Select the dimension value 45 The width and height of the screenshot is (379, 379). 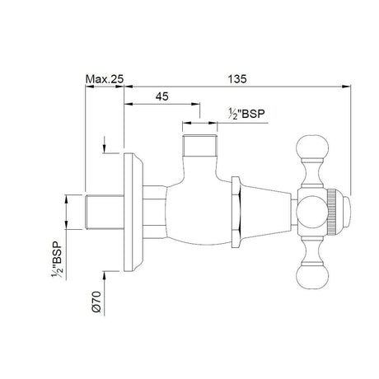click(x=161, y=96)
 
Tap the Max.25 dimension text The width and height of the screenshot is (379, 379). click(x=105, y=79)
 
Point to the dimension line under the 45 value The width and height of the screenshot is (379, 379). click(x=161, y=105)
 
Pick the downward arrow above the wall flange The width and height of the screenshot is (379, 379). click(x=104, y=147)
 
